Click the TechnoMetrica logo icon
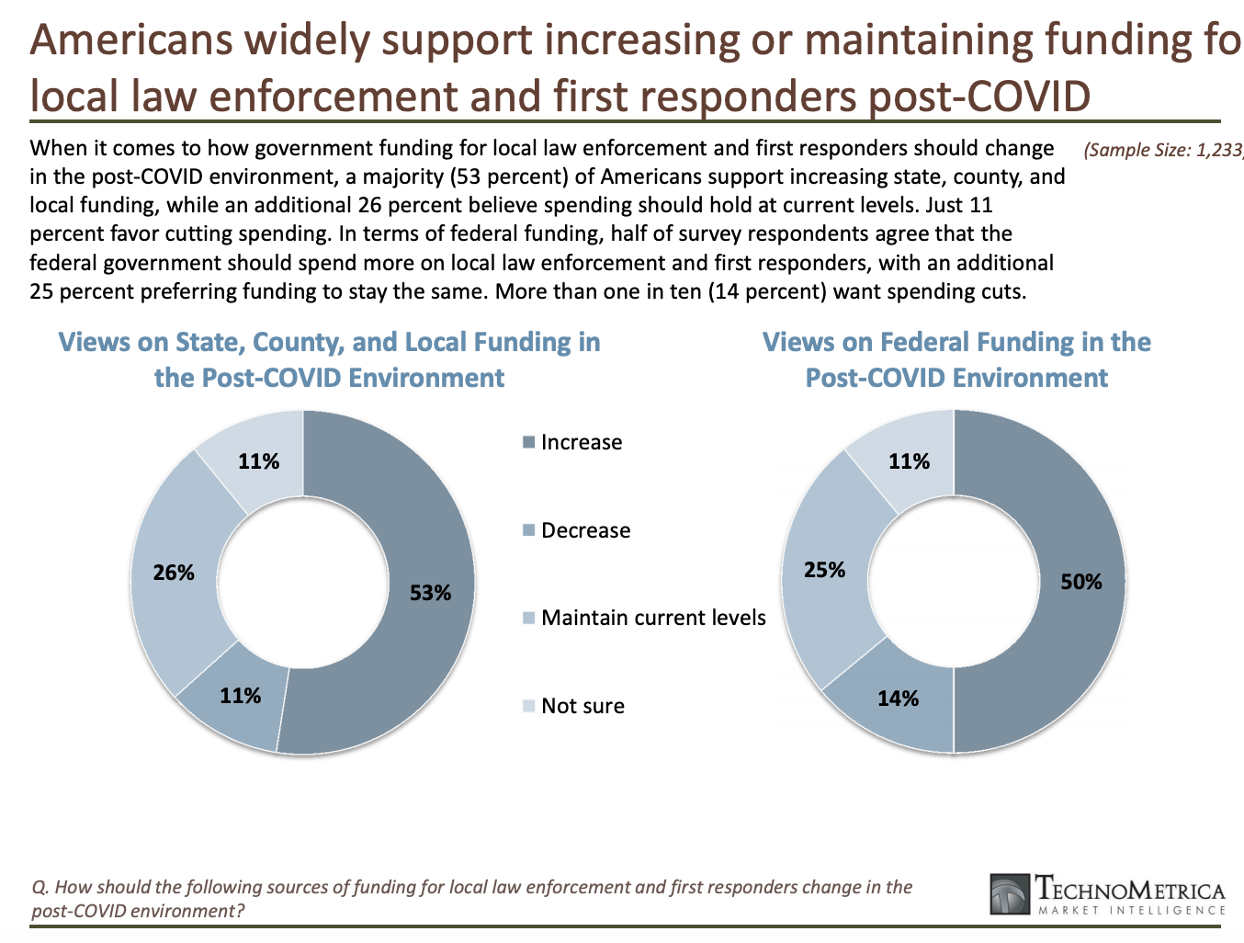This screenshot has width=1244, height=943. [x=1010, y=895]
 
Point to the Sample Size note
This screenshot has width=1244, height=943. [x=1162, y=150]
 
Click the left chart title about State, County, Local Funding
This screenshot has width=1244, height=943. [x=329, y=359]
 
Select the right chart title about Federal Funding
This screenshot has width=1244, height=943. [x=956, y=359]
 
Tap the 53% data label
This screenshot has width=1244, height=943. [x=430, y=593]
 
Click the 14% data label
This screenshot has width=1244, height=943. [x=898, y=699]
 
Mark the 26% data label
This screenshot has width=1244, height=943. [x=174, y=573]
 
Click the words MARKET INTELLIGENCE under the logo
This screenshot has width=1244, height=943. [x=1131, y=910]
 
